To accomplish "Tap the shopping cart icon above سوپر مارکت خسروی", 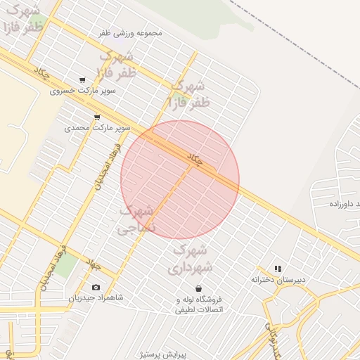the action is (x=83, y=80).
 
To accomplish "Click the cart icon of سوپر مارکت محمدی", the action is (x=97, y=117).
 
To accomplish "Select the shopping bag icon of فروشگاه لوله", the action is (x=198, y=288).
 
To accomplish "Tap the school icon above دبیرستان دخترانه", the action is (x=278, y=269).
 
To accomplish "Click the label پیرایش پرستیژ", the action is (x=182, y=354).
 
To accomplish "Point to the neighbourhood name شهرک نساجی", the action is (x=136, y=219).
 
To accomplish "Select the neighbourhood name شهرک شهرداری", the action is (x=189, y=259).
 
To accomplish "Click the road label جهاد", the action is (x=94, y=264).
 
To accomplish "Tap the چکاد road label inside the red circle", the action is (x=195, y=160).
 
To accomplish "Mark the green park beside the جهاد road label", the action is (x=67, y=266).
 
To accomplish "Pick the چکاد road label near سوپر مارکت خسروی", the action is (x=42, y=72).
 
